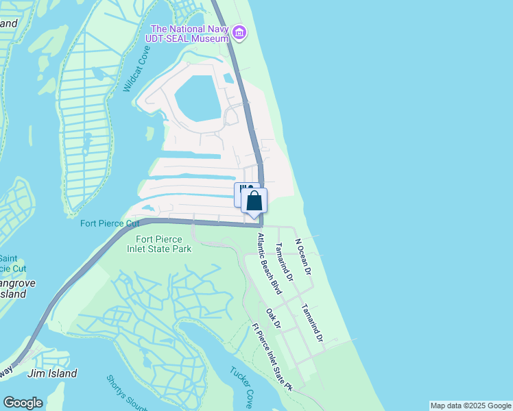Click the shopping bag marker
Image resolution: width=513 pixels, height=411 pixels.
coord(254,201)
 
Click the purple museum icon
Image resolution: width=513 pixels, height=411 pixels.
coord(239,32)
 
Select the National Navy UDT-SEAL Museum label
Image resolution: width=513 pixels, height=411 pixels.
coord(189,34)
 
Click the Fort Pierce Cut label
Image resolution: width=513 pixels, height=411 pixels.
coord(110,223)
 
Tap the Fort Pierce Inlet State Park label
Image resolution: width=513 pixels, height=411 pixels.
coord(163,244)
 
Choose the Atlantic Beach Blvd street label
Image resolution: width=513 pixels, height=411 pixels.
coord(270,264)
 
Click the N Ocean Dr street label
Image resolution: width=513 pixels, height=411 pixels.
coord(303,257)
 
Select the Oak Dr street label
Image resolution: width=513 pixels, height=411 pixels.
coord(274,319)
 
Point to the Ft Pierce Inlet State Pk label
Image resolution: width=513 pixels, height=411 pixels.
coord(272,357)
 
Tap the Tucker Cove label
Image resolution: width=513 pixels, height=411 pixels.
coord(242,385)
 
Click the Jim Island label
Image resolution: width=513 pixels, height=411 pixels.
coord(51,373)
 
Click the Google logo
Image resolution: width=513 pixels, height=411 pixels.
coord(23,403)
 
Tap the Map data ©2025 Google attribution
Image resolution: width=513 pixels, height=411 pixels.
coord(470,406)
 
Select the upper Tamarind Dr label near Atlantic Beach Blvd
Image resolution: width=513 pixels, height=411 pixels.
coord(284,262)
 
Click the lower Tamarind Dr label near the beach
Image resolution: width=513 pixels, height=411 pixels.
coord(311,322)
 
